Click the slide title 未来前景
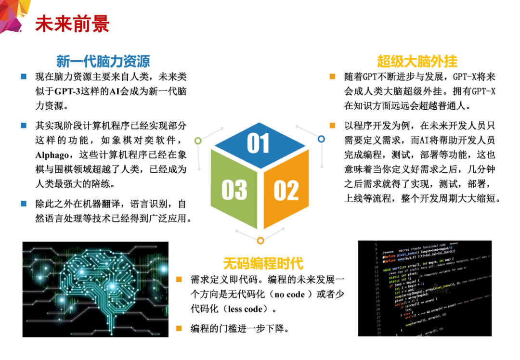pos(72,24)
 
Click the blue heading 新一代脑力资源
pos(103,61)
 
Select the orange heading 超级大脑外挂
pos(417,61)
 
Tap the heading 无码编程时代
pos(263,263)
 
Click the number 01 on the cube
pos(259,143)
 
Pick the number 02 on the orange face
pos(286,190)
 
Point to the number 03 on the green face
pos(234,190)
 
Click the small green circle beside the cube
pos(198,141)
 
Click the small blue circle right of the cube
pos(321,139)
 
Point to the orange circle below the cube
pos(260,240)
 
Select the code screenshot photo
pos(425,288)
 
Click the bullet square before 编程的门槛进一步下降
pos(179,329)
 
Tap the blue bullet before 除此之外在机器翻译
pos(24,204)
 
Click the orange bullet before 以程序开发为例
pos(332,126)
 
